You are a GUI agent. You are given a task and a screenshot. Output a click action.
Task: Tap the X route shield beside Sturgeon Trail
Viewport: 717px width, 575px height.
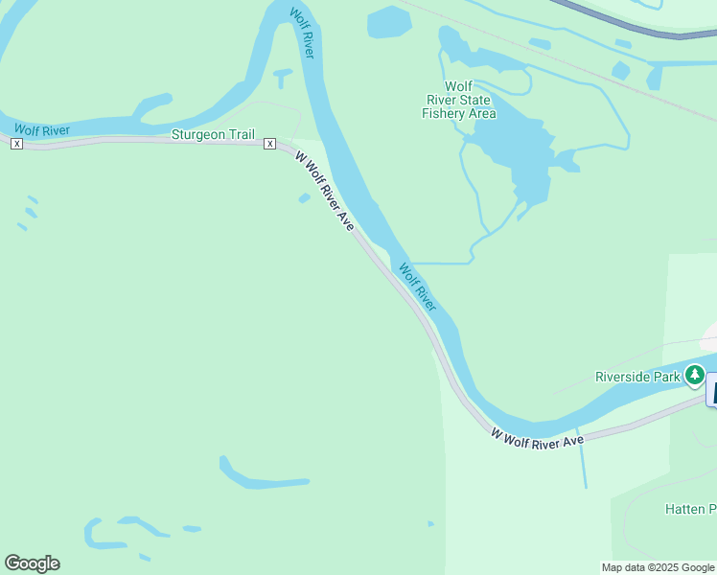(x=270, y=144)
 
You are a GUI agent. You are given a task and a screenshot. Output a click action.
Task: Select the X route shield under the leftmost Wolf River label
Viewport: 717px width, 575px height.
(x=16, y=144)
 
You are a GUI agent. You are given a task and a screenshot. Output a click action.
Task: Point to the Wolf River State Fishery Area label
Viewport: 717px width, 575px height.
(x=459, y=100)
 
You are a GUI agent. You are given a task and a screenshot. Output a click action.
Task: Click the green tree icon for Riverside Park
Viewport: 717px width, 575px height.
(x=693, y=376)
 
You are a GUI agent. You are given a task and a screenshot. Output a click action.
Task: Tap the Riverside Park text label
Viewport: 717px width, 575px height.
(x=637, y=376)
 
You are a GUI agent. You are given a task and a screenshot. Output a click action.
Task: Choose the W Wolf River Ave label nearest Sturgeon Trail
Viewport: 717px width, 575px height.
(x=324, y=190)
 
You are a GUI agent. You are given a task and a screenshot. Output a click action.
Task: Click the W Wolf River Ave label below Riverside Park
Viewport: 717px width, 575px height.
(x=537, y=437)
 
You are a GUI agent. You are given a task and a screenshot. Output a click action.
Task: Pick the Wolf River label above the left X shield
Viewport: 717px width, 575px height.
(x=42, y=129)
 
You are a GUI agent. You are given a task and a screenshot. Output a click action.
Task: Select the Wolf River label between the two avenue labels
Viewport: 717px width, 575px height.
(x=418, y=287)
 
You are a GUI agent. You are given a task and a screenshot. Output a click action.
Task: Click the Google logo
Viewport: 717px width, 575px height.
(x=32, y=563)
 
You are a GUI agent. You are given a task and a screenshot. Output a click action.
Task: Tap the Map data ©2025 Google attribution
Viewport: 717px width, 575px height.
(x=658, y=567)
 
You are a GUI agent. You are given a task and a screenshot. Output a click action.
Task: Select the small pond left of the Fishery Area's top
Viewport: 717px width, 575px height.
(x=388, y=21)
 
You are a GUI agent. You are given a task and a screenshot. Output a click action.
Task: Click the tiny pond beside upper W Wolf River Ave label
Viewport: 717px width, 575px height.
(x=304, y=198)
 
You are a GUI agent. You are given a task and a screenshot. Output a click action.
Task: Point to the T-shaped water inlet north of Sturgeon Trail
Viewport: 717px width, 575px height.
(x=283, y=76)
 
